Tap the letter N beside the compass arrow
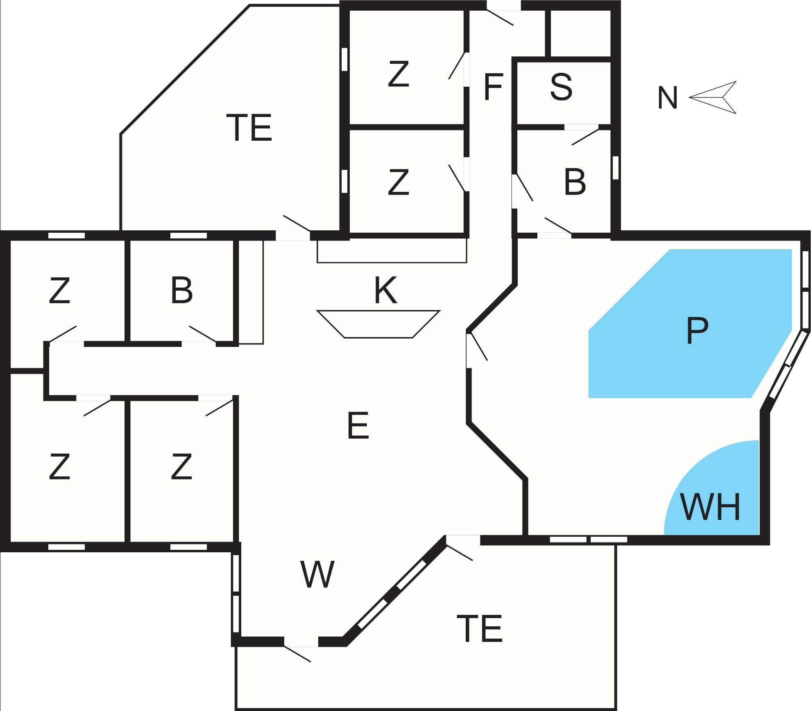click(667, 98)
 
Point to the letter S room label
click(561, 87)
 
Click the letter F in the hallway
click(493, 87)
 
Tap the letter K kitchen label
click(385, 290)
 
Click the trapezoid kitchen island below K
click(378, 324)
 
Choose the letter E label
click(358, 426)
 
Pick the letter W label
click(317, 574)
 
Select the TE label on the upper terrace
click(249, 128)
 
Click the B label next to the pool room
click(575, 182)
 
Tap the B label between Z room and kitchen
click(181, 291)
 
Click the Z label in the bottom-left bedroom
click(59, 467)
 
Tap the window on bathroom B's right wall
click(615, 168)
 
